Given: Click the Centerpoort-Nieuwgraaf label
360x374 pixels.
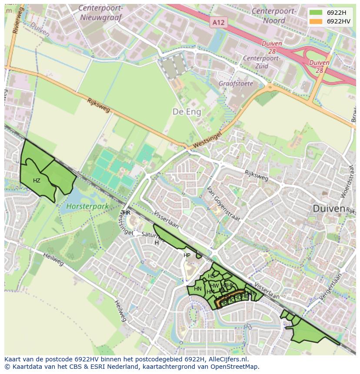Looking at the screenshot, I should click(x=101, y=13).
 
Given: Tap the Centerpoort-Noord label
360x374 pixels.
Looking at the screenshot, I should click(x=274, y=15).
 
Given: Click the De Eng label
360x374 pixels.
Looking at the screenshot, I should click(x=187, y=112).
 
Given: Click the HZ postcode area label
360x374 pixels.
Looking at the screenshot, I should click(x=37, y=180).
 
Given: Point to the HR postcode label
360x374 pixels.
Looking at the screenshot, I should click(x=127, y=213).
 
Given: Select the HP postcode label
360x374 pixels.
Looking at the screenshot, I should click(x=187, y=255).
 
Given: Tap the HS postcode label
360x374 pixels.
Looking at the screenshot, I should click(x=211, y=276).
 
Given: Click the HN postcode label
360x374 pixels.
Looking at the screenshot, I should click(x=198, y=289).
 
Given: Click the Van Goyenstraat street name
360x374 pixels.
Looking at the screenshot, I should click(x=223, y=204).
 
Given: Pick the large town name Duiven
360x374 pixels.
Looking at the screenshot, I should click(x=329, y=209).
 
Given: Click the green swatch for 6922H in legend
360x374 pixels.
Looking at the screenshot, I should click(x=316, y=12).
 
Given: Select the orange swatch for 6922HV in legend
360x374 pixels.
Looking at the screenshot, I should click(x=316, y=21).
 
